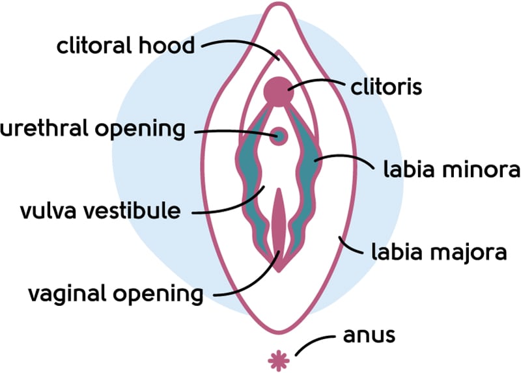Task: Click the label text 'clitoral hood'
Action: point(125,46)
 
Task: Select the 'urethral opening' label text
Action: point(92,129)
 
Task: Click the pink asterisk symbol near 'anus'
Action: point(279,359)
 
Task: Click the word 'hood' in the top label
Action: point(171,46)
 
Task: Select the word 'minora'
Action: point(480,171)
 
